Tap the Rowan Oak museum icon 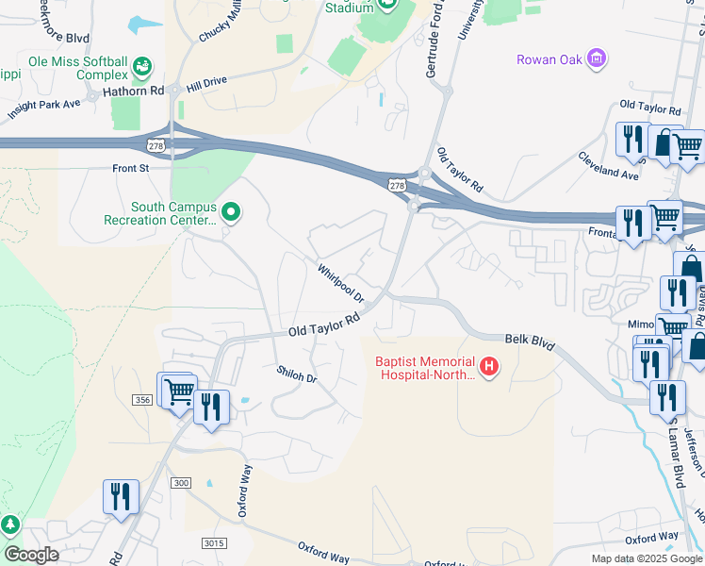click(x=596, y=59)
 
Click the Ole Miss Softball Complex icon click(x=142, y=67)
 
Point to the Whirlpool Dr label click(x=340, y=283)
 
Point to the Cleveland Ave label click(x=608, y=166)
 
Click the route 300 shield click(x=181, y=483)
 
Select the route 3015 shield click(x=214, y=541)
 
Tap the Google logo click(x=30, y=555)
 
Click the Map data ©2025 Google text click(x=647, y=558)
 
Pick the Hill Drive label click(x=206, y=84)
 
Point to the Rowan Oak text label click(x=549, y=59)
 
